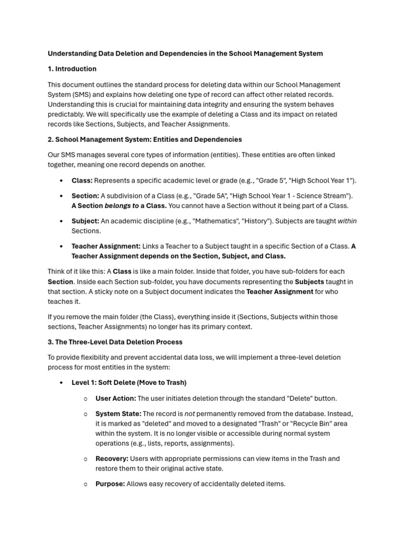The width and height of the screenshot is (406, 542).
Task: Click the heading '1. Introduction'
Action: click(x=72, y=69)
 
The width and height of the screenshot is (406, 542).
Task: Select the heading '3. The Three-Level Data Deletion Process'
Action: click(x=115, y=342)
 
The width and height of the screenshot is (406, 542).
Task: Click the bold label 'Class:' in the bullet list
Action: click(x=82, y=180)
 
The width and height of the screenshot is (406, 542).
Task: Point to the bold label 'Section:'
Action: click(x=85, y=196)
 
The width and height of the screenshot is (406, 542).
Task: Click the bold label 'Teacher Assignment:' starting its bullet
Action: click(x=106, y=246)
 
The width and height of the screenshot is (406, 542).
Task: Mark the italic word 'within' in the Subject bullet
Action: click(x=347, y=221)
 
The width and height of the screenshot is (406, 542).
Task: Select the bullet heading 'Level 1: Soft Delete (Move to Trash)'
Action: click(x=129, y=383)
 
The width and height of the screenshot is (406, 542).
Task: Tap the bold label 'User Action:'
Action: click(x=115, y=399)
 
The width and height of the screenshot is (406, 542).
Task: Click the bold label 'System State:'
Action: click(x=118, y=414)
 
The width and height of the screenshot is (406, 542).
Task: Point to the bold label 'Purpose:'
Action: click(x=110, y=484)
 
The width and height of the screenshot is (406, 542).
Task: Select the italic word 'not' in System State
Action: click(x=190, y=414)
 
